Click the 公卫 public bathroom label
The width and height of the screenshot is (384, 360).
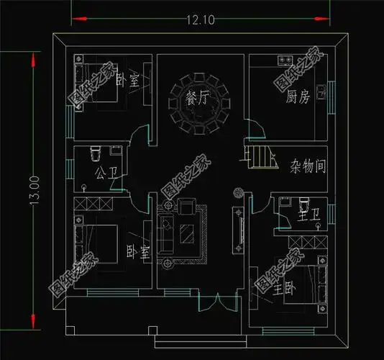(x=104, y=173)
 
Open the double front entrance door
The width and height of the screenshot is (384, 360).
(x=211, y=302)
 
